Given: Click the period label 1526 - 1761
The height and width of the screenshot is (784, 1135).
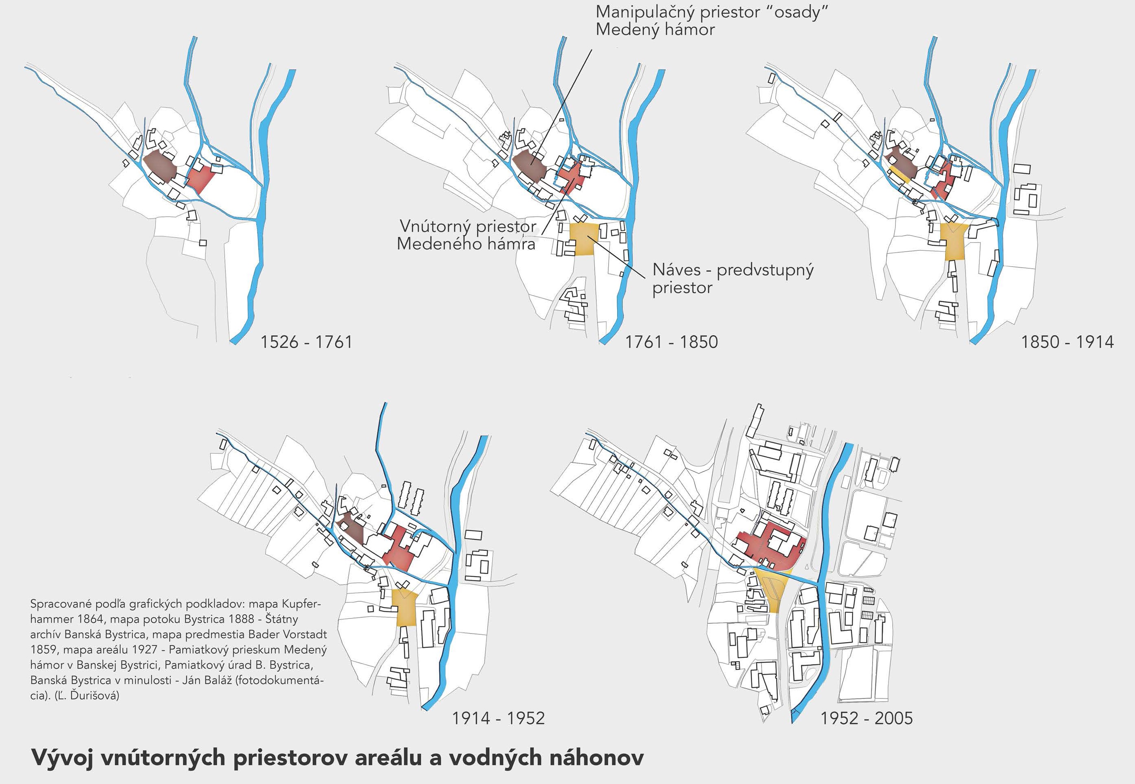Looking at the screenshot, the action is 306,342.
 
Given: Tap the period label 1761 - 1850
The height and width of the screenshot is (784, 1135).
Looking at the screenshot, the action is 671,342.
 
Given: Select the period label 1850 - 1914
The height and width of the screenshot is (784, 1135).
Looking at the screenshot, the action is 1067,342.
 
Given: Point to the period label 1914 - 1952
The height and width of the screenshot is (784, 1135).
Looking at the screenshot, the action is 498,718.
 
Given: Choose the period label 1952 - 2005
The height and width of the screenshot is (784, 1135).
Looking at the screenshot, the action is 867,718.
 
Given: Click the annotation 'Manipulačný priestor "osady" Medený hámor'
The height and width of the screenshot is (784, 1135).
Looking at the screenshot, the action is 712,21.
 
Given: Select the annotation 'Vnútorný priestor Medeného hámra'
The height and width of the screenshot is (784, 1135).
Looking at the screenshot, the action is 466,235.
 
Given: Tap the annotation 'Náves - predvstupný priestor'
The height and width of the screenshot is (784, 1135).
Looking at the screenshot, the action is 733,278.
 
